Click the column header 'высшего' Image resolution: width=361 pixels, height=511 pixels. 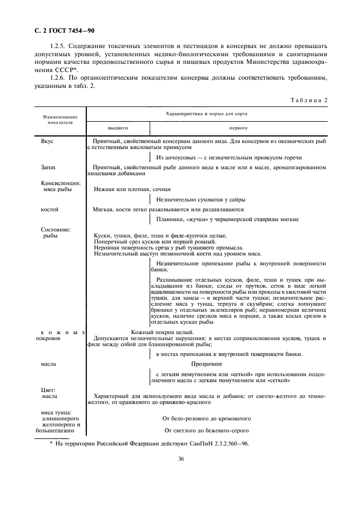pyautogui.click(x=117, y=128)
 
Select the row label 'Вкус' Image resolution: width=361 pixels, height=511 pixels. pyautogui.click(x=48, y=141)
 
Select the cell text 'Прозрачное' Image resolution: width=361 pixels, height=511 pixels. pyautogui.click(x=206, y=363)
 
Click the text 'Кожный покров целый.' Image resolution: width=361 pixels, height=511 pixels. pyautogui.click(x=163, y=332)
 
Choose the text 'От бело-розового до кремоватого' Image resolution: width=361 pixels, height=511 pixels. pyautogui.click(x=206, y=418)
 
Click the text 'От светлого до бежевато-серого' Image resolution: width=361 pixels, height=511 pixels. pyautogui.click(x=206, y=430)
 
